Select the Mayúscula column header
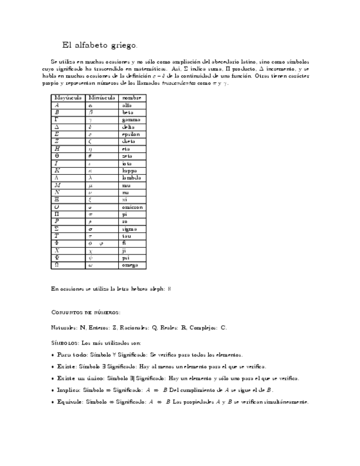coord(68,97)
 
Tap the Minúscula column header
coord(102,97)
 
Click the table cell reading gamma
coord(131,119)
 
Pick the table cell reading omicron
coord(132,207)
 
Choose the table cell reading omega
coord(130,265)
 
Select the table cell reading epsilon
coord(131,134)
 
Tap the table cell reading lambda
coord(131,177)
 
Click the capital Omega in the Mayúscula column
coord(57,265)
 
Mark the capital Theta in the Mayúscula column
coord(57,156)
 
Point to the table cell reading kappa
coord(130,170)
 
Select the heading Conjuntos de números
coord(85,312)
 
